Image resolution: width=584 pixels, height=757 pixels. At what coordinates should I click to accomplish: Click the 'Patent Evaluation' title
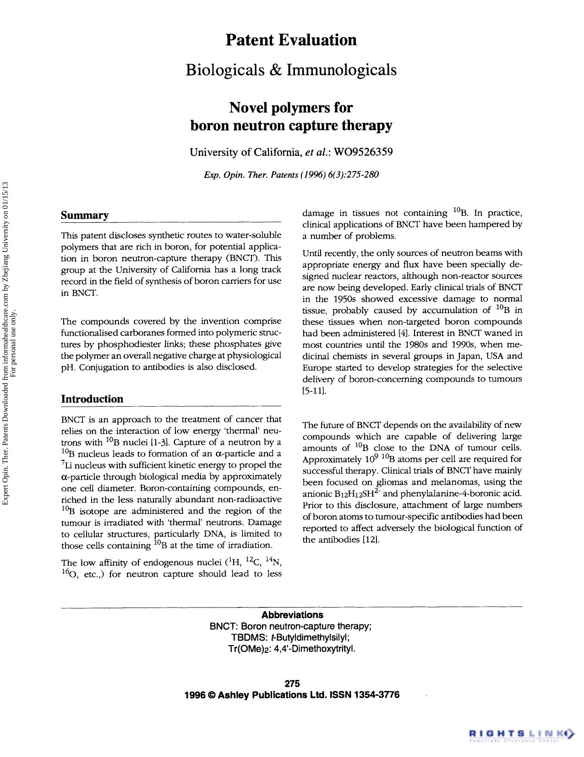pos(291,40)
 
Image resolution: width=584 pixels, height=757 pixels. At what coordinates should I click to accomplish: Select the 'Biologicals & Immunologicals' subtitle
pos(291,70)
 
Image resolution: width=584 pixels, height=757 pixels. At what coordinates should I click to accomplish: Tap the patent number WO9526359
pos(364,152)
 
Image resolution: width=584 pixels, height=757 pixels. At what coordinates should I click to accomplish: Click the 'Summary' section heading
pos(85,215)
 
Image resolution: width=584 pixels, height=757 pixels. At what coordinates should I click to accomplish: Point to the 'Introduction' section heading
pos(92,399)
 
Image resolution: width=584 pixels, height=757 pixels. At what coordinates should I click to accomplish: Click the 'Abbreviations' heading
pos(292,615)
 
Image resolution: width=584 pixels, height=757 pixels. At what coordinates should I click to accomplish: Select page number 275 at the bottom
pos(292,684)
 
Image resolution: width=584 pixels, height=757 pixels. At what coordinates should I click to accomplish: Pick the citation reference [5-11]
pos(314,391)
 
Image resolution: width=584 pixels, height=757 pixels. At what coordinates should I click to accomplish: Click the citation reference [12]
pos(371,540)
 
